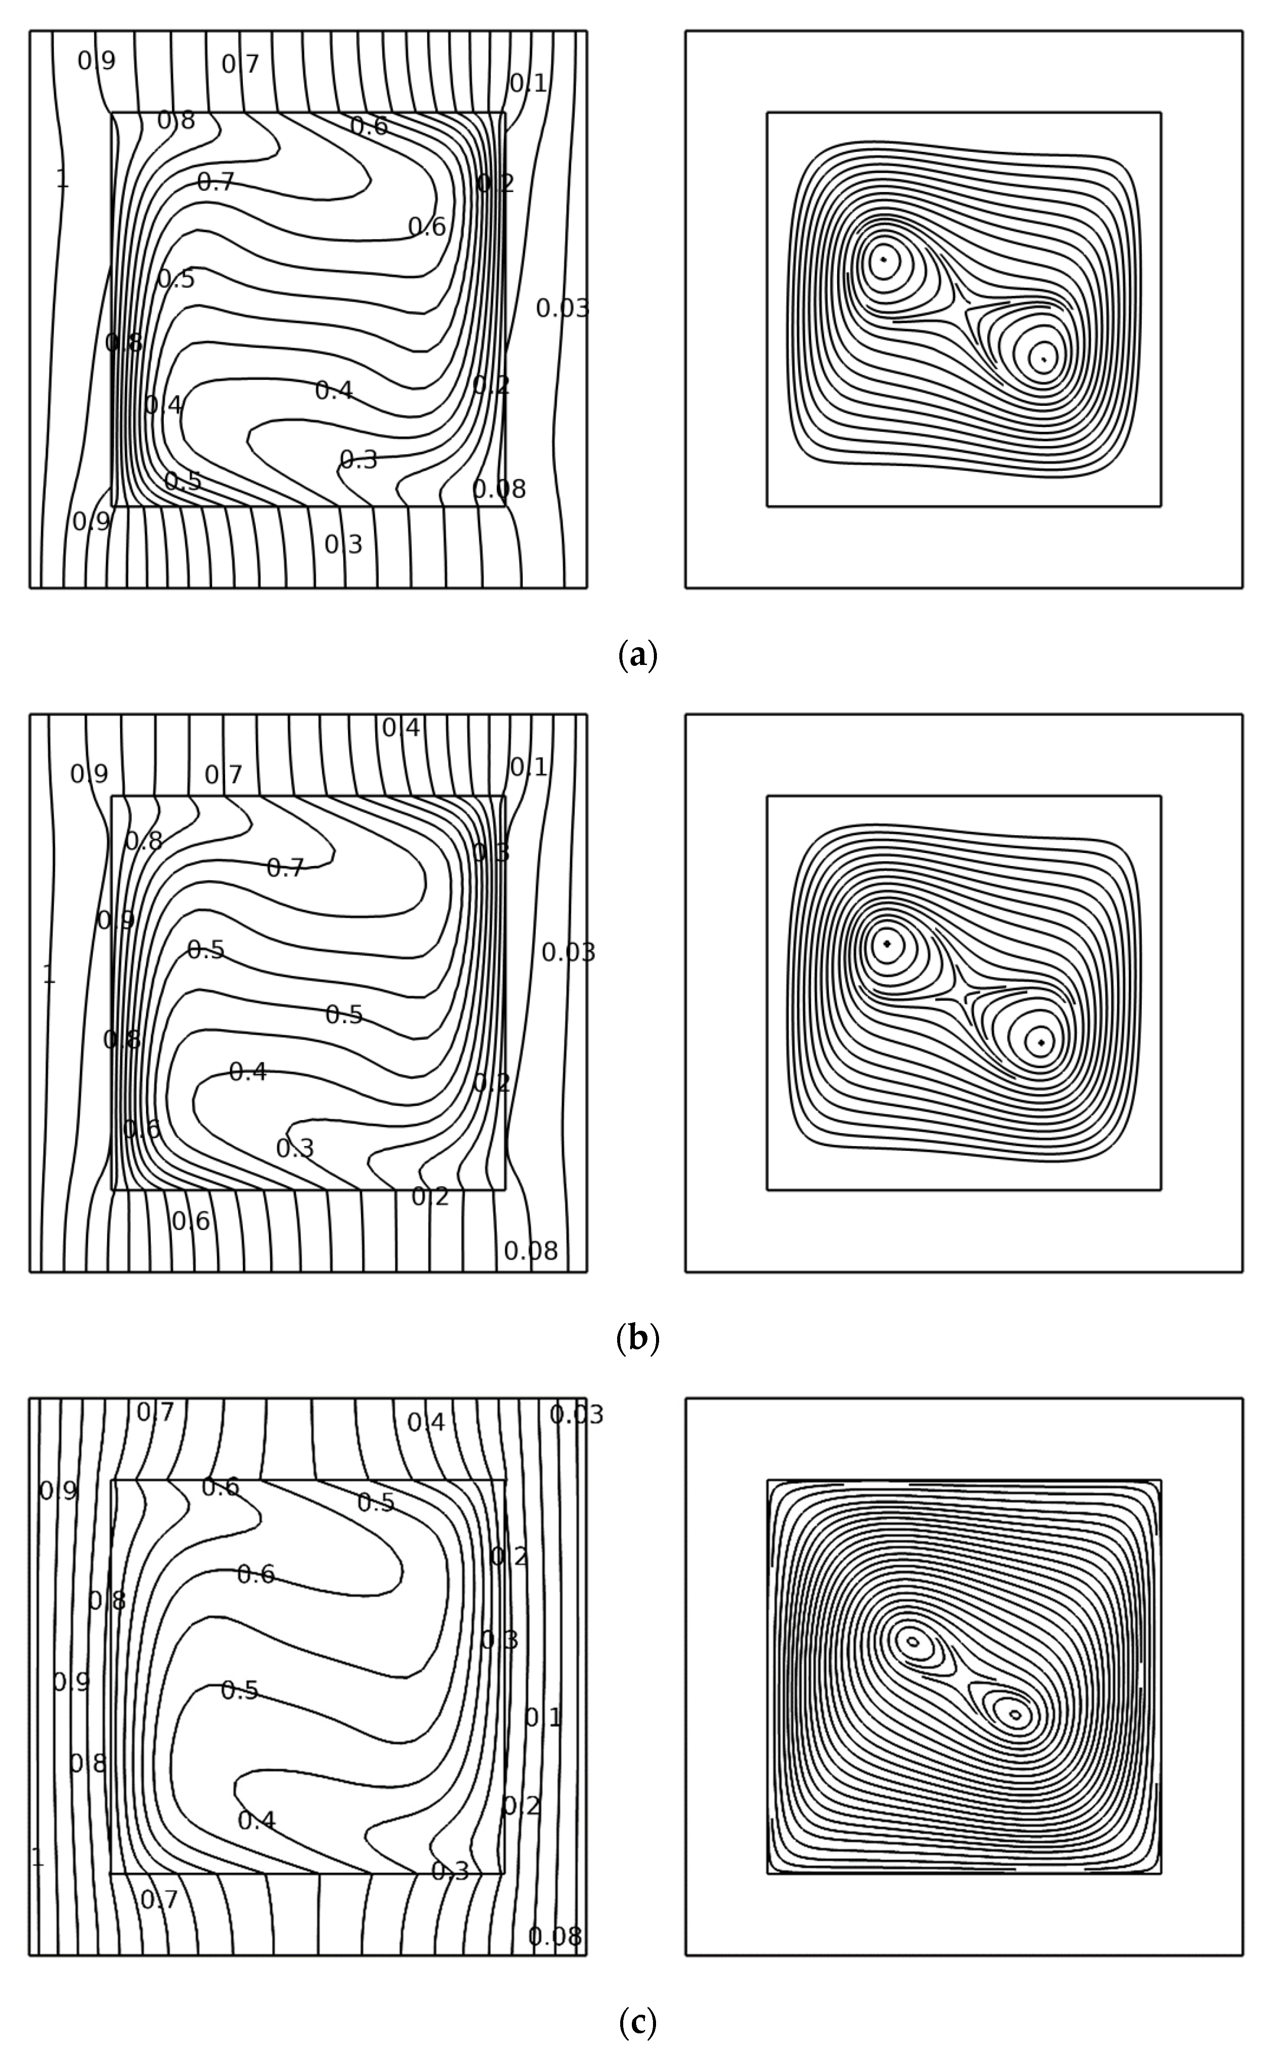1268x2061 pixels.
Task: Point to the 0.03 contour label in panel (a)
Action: (x=563, y=309)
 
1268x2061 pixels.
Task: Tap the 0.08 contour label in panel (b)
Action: (x=531, y=1251)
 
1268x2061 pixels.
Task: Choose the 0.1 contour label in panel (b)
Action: (x=528, y=767)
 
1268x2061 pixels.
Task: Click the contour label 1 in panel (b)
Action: (x=49, y=975)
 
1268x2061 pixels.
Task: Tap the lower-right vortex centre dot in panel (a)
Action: (x=1043, y=359)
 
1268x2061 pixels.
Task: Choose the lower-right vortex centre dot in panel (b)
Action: (x=1041, y=1042)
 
